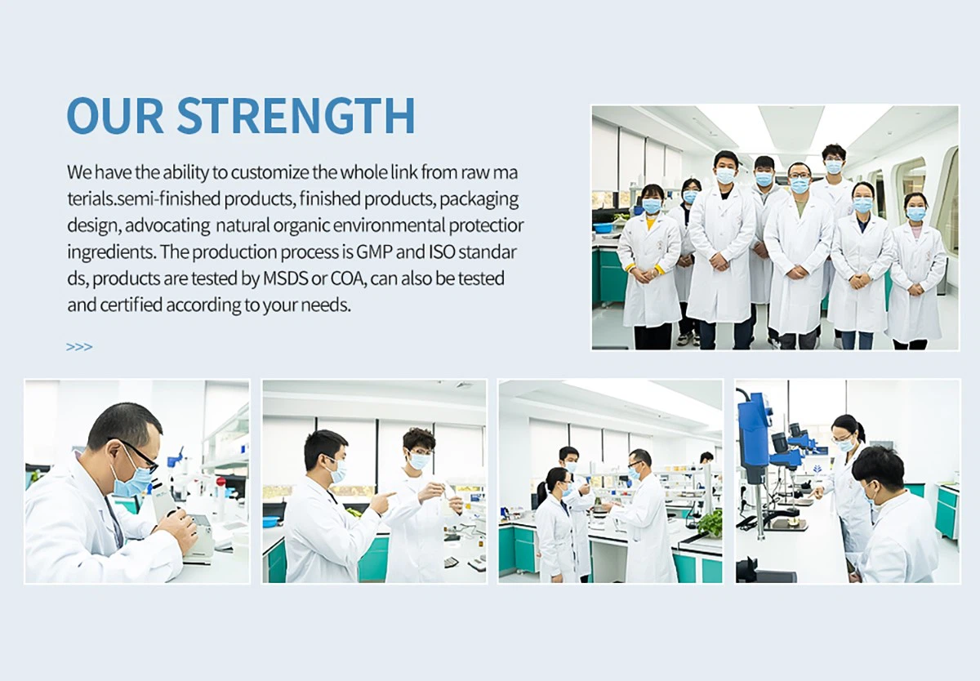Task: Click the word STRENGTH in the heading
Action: pyautogui.click(x=296, y=116)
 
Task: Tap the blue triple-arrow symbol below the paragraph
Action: pyautogui.click(x=79, y=347)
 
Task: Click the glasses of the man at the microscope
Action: pyautogui.click(x=140, y=454)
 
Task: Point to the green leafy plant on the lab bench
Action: pyautogui.click(x=710, y=522)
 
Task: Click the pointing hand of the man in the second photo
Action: pyautogui.click(x=381, y=500)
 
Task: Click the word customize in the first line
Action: pyautogui.click(x=269, y=173)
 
